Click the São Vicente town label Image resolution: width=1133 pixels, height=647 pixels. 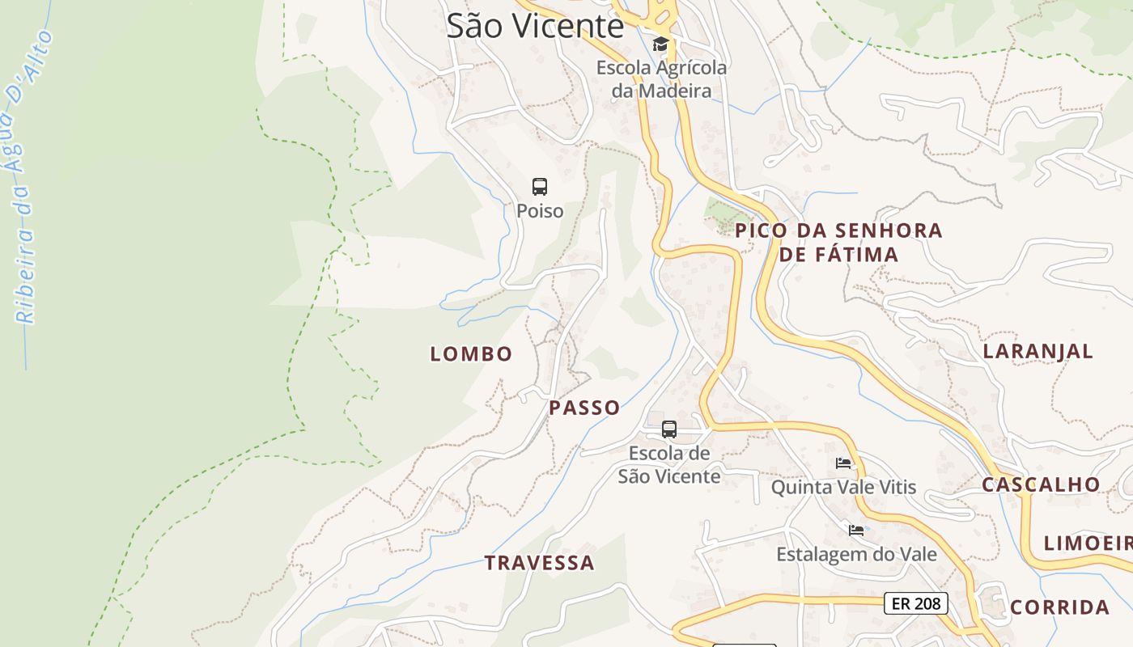tap(535, 26)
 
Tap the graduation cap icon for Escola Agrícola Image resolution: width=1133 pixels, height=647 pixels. tap(661, 44)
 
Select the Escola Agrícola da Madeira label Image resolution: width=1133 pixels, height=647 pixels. tap(662, 79)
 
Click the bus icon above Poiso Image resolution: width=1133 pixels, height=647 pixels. tap(540, 187)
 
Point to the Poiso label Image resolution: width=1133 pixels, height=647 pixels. tap(540, 211)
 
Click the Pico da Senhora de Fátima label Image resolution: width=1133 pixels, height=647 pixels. tap(838, 242)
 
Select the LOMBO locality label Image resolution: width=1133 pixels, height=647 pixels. tap(471, 353)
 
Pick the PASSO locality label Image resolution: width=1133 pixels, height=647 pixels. tap(584, 408)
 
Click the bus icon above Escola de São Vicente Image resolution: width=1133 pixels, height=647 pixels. tap(669, 429)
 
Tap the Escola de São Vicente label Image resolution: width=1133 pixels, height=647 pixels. tap(669, 465)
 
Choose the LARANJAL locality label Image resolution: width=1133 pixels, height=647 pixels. tap(1038, 351)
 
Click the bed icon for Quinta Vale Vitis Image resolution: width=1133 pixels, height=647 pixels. tap(843, 463)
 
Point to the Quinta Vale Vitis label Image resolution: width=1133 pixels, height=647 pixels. tap(843, 487)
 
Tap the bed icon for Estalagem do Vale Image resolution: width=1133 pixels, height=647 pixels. tap(856, 531)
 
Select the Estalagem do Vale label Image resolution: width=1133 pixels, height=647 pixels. tap(856, 555)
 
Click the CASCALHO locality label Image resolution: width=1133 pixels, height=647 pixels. tap(1041, 484)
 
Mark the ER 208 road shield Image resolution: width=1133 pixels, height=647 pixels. tap(915, 603)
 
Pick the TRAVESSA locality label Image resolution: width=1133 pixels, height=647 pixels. tap(539, 563)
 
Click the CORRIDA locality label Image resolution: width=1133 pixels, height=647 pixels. tap(1059, 607)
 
